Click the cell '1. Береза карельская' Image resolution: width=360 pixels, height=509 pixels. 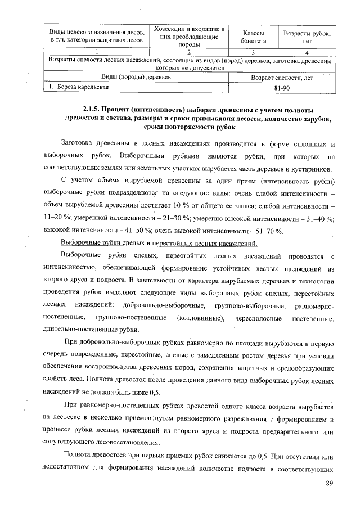pyautogui.click(x=75, y=87)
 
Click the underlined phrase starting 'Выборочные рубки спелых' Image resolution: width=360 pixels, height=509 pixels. pyautogui.click(x=159, y=244)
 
